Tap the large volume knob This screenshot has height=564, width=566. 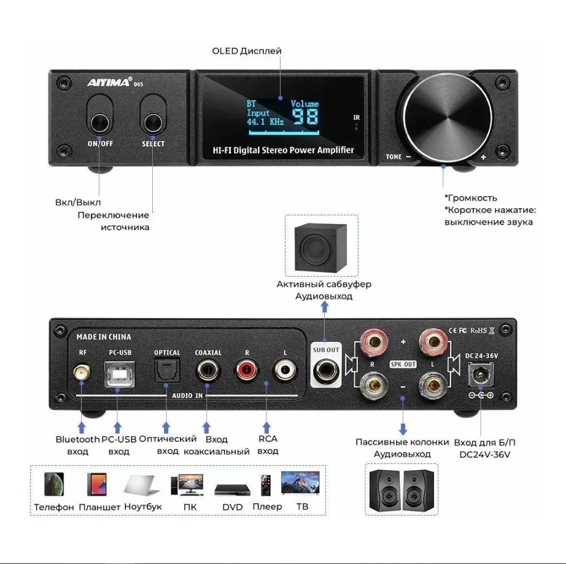446,117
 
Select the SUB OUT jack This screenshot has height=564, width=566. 325,371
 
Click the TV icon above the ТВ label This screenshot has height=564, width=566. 300,484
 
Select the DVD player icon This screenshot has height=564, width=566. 232,490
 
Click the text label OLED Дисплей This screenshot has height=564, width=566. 247,51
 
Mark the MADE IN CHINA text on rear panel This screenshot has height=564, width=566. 103,337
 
